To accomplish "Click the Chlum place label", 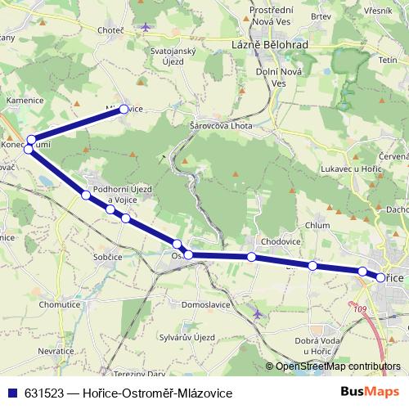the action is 317,225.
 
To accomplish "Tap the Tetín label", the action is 388,61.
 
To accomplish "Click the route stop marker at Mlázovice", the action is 124,109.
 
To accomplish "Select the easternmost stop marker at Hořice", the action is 380,278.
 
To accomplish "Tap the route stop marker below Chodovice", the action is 252,258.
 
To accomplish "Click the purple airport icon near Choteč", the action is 146,27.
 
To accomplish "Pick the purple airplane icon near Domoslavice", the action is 258,313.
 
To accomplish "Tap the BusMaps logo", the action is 370,392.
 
